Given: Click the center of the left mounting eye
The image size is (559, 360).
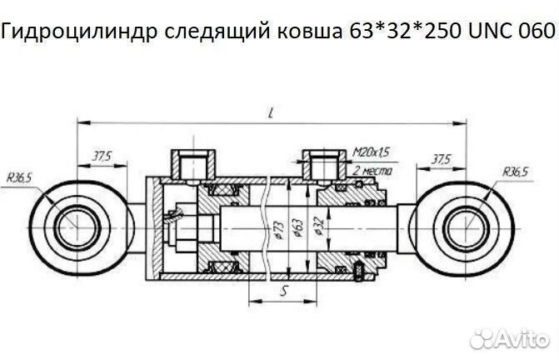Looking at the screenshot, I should click(x=74, y=225).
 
